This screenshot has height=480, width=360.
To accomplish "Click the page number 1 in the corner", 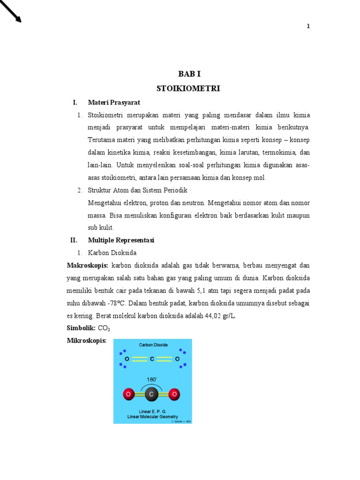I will (308, 26).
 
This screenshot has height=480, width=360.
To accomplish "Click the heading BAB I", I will (189, 74).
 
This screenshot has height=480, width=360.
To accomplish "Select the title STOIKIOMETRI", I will (188, 88).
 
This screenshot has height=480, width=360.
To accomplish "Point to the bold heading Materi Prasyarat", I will (114, 102).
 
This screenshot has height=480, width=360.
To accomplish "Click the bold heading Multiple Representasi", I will (121, 240).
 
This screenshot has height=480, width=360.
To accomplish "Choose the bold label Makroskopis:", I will (88, 265).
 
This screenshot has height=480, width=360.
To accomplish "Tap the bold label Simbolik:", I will (81, 328).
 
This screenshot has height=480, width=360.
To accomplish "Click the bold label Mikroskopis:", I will (87, 341).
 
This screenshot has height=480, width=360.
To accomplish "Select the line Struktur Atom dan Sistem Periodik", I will (137, 190).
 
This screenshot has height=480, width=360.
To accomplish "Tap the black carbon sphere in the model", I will (151, 395).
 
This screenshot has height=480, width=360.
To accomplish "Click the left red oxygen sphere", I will (128, 395).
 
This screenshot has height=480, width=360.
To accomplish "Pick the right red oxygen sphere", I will (174, 395).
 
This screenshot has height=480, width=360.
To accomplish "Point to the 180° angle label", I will (151, 379).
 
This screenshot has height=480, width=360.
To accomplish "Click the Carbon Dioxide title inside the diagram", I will (152, 345).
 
